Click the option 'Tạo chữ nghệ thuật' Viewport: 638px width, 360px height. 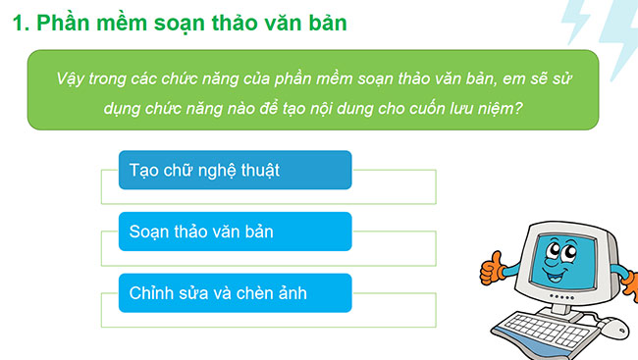(x=234, y=170)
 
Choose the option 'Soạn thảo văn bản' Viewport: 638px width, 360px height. (x=234, y=232)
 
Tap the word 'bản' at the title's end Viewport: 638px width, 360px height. (x=325, y=23)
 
